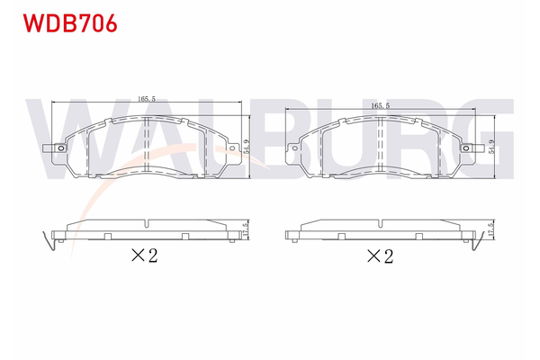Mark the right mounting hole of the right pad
(466, 149)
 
